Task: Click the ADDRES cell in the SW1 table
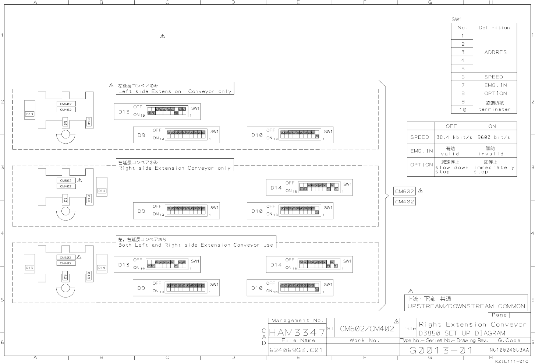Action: (x=495, y=52)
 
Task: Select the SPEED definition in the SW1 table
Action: (x=493, y=77)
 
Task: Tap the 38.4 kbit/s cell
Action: (x=454, y=137)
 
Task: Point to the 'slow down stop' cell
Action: (x=452, y=167)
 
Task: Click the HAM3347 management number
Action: (x=297, y=332)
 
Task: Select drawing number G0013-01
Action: (x=441, y=350)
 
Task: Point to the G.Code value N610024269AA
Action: (x=509, y=350)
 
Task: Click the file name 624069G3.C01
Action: (x=296, y=350)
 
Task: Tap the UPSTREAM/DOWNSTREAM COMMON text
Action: (x=466, y=306)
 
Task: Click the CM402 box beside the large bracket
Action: (x=404, y=202)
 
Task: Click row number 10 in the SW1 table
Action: (x=463, y=110)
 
